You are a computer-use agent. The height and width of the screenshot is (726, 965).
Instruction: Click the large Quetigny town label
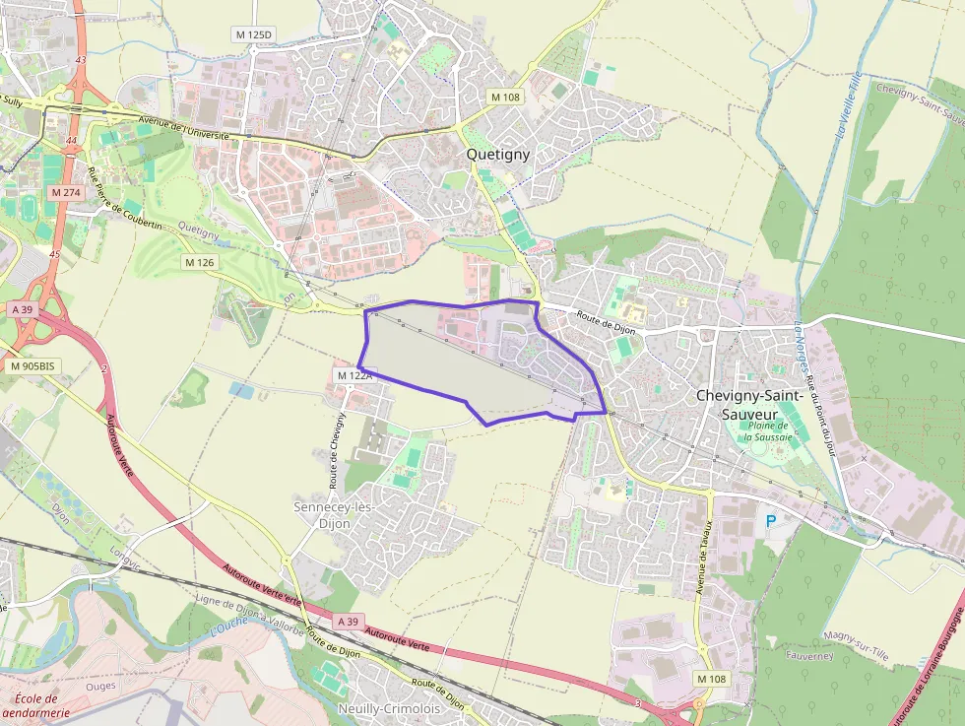(x=498, y=154)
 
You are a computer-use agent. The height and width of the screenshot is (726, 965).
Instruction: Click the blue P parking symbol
(x=771, y=520)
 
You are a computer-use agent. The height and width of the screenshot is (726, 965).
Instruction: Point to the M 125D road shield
(x=254, y=34)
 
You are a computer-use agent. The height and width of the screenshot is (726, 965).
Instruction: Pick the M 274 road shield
(x=67, y=192)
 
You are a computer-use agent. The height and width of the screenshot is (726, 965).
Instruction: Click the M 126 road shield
(x=199, y=262)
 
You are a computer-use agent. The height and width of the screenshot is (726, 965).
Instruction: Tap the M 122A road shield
(x=354, y=375)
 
